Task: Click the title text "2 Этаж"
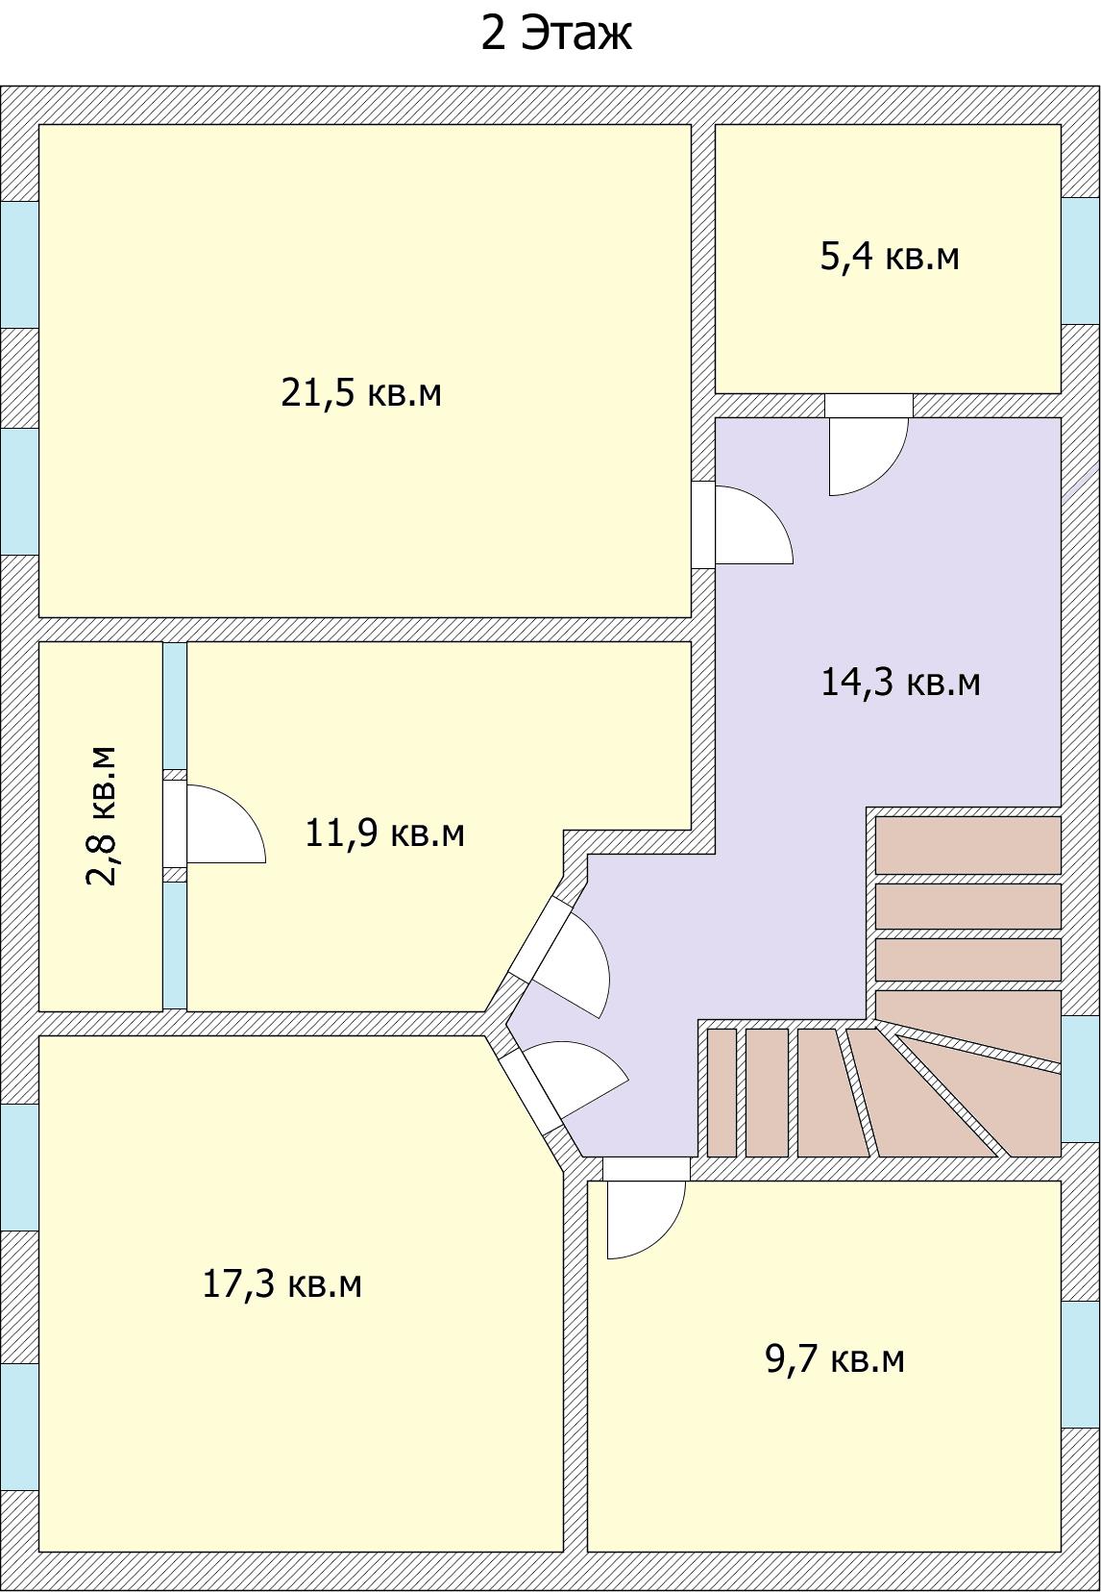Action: tap(556, 34)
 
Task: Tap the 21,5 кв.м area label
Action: tap(361, 392)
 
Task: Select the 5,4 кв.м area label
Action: tap(890, 256)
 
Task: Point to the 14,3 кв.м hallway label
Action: tap(900, 682)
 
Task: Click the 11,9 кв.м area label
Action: tap(384, 833)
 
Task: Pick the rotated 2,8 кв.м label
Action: tap(100, 815)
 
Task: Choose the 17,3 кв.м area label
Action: tap(282, 1283)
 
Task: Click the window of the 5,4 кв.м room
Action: tap(1081, 261)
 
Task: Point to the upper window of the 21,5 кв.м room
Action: tap(19, 264)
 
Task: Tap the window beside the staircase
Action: tap(1081, 1079)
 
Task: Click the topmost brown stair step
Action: tap(967, 845)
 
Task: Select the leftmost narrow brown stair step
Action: tap(722, 1092)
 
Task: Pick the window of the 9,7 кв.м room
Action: tap(1081, 1364)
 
